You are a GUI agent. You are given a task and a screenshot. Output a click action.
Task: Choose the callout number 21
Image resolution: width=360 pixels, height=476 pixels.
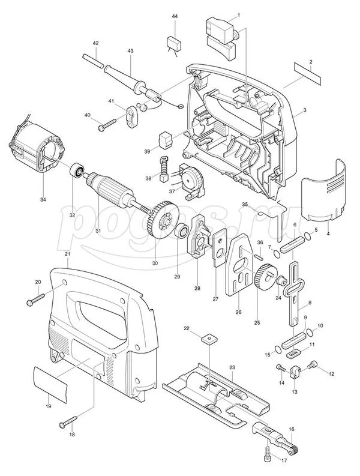click(67, 255)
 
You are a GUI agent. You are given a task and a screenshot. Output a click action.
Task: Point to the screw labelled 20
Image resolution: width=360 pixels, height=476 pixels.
click(37, 297)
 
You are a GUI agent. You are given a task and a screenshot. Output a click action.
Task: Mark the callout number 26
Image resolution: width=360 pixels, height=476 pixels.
click(238, 312)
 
